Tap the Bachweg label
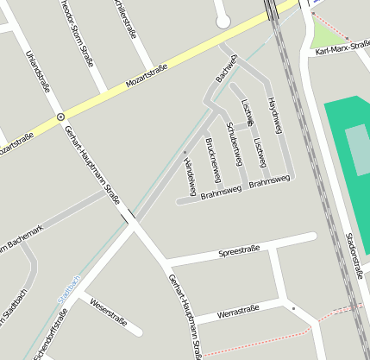coord(225,67)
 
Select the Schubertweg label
coord(231,138)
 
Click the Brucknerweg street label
coord(213,159)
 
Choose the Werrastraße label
coord(240,311)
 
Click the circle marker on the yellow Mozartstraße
coord(60,116)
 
